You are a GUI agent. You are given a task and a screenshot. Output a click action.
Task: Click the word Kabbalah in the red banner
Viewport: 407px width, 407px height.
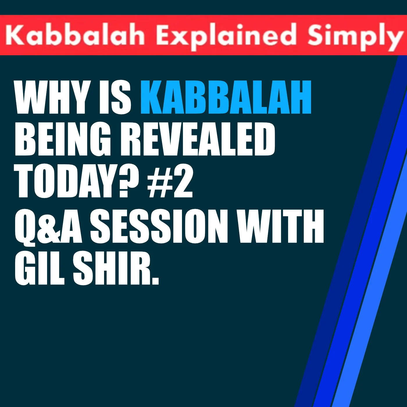[75, 35]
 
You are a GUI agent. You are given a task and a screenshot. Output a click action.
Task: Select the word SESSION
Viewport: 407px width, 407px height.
[159, 226]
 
